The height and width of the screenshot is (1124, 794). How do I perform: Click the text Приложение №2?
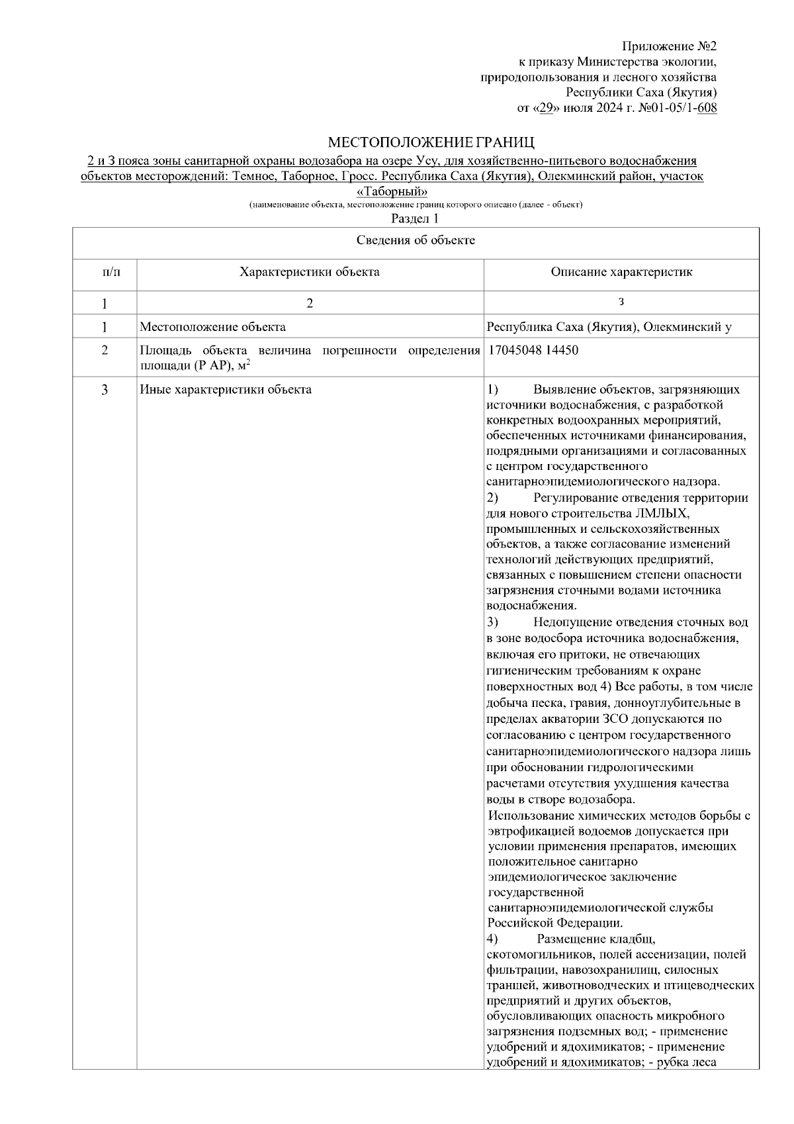coord(669,46)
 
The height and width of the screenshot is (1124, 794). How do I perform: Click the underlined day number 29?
coord(546,108)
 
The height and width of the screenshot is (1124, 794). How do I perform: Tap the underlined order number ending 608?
coord(707,108)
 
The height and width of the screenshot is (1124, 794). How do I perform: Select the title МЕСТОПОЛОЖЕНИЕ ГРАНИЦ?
coord(431,143)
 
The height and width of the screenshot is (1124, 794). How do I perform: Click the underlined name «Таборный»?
coord(392,192)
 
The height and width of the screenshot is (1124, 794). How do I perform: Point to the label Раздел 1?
coord(415,218)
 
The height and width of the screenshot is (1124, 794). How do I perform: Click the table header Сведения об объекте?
coord(416,240)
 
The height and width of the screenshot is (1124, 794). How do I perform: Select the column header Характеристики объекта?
coord(310,272)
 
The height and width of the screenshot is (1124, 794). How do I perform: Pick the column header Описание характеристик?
coord(621,272)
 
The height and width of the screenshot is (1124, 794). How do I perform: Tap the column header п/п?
coord(105,272)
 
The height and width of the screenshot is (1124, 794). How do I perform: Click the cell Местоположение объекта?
coord(212,327)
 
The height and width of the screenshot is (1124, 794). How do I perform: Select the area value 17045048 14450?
coord(533,350)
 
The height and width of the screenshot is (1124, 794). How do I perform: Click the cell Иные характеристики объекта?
coord(226,389)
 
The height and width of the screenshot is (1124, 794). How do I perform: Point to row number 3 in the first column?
coord(105,389)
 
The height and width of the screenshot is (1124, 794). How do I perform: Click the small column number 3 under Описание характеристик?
coord(621,303)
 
